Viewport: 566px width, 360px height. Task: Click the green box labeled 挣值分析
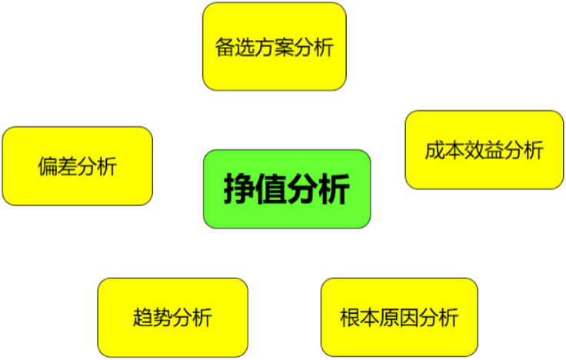coord(287,189)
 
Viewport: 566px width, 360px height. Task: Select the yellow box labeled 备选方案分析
coord(275,46)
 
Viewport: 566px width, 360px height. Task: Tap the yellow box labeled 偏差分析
coord(77,166)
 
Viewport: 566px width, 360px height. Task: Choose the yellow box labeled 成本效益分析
coord(484,150)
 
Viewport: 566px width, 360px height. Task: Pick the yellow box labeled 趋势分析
coord(172,317)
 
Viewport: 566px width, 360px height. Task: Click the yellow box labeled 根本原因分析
coord(399,317)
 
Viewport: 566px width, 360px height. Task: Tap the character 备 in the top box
coord(225,47)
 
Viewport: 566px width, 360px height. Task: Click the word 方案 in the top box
coord(275,47)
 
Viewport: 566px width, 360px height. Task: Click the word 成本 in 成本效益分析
coord(444,150)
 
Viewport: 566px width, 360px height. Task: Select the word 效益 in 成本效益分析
coord(484,150)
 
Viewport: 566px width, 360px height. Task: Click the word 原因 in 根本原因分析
coord(399,317)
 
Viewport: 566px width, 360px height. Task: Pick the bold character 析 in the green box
coord(335,189)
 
